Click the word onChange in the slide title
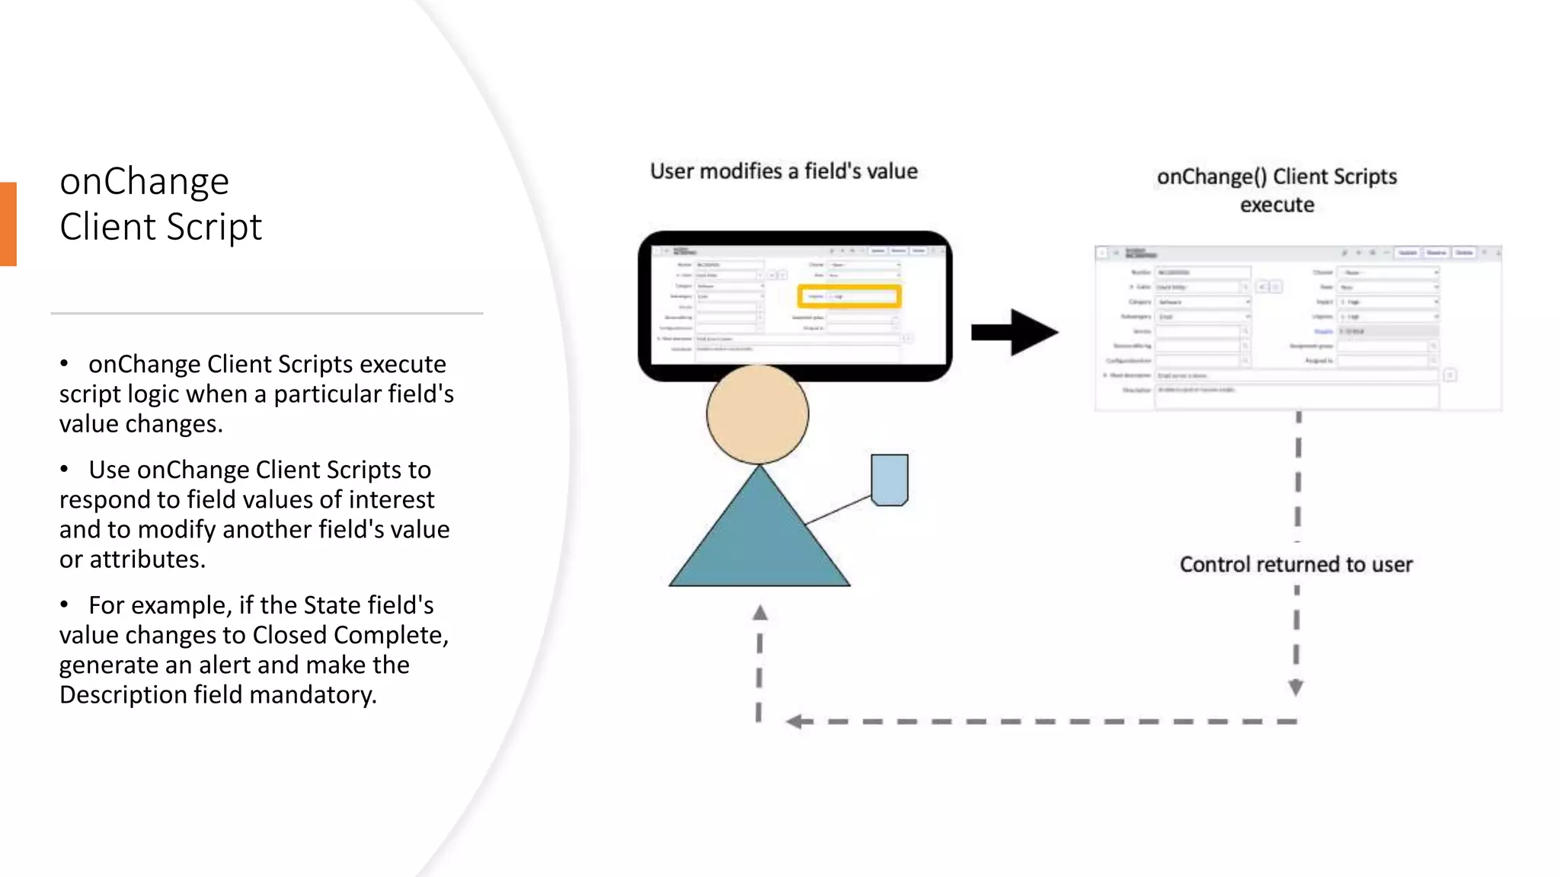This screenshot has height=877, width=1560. (144, 182)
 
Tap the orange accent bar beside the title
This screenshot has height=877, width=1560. (8, 224)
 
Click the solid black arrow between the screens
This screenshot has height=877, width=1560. (1015, 332)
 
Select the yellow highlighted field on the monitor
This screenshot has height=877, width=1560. (849, 296)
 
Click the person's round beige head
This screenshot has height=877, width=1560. (757, 415)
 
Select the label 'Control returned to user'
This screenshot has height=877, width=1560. (1296, 565)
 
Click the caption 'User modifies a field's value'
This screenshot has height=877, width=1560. (784, 171)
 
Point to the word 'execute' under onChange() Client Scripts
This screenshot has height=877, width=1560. (1277, 205)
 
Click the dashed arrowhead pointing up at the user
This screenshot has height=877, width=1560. (759, 613)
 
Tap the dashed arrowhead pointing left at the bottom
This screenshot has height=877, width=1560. (794, 721)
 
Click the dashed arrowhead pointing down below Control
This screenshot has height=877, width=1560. (1296, 687)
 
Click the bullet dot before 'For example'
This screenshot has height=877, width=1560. (65, 605)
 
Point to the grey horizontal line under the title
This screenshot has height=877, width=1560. (267, 313)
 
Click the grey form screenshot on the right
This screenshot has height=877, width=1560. (1297, 329)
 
